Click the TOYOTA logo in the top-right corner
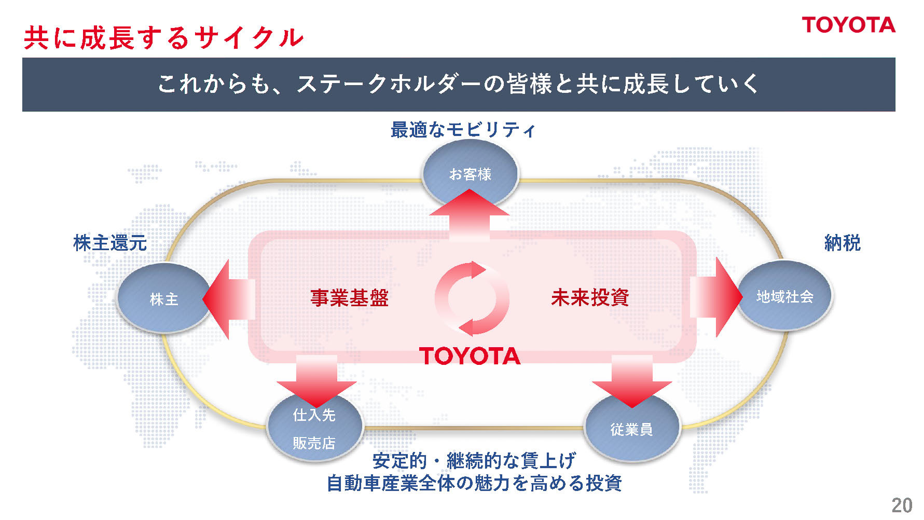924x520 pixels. [x=848, y=25]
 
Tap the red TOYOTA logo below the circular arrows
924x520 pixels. [x=470, y=356]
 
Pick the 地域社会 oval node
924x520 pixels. [x=784, y=296]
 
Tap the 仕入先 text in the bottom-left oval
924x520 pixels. [x=314, y=415]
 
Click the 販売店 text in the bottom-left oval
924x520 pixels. [x=314, y=443]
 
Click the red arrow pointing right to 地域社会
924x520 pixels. [x=719, y=297]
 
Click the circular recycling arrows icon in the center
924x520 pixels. [x=472, y=298]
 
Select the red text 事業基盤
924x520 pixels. [x=349, y=297]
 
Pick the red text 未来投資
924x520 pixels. [x=590, y=297]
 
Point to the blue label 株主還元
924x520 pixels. [x=110, y=243]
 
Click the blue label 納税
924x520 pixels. [x=842, y=243]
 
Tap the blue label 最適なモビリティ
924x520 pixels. [x=463, y=129]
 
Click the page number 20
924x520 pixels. [x=902, y=505]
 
